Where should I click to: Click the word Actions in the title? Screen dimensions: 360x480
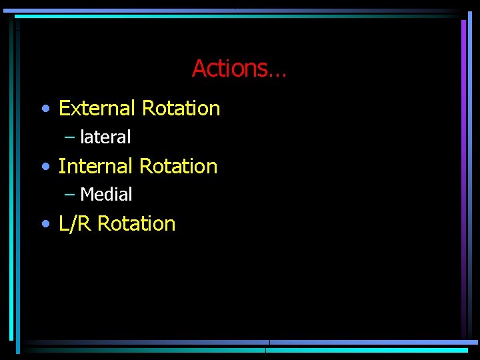pos(229,69)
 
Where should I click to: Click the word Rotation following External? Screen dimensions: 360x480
pos(181,108)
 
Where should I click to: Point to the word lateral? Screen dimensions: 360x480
pos(105,137)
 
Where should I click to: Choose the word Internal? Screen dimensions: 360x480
pos(95,166)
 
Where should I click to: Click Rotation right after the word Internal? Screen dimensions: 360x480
pos(178,166)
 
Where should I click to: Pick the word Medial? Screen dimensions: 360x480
pos(106,195)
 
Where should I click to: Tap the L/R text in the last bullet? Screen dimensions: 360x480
pos(75,223)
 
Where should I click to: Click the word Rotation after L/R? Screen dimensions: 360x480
pos(136,223)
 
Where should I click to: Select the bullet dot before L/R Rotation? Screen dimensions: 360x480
pos(45,225)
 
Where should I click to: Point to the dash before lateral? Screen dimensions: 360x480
pos(70,137)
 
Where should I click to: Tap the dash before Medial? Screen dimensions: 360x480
pos(70,195)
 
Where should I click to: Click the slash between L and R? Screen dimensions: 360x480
pos(75,223)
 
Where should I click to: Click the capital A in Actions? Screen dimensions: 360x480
pos(199,69)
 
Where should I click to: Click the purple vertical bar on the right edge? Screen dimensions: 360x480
pos(463,173)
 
